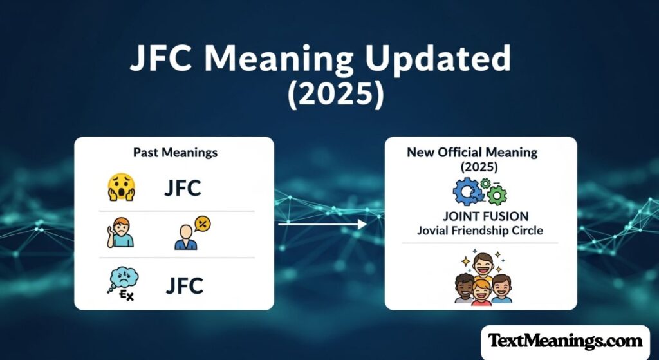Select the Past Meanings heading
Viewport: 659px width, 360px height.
[x=175, y=153]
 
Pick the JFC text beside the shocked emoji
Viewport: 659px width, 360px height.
[x=182, y=188]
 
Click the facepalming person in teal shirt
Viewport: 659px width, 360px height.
[x=120, y=232]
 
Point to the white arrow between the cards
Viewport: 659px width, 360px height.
[x=322, y=224]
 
